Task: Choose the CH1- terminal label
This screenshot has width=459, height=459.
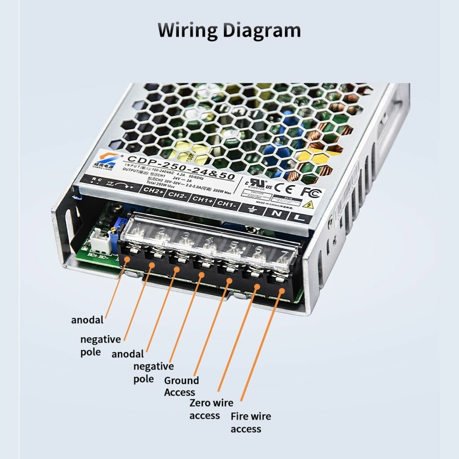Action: (x=226, y=204)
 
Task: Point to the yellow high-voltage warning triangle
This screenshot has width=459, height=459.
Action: (x=308, y=205)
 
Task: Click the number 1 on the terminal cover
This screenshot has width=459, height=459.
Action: (x=139, y=225)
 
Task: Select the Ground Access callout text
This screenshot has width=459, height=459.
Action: (x=181, y=386)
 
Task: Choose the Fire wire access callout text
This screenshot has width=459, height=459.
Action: (x=251, y=422)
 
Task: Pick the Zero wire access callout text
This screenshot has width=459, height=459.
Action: (x=211, y=409)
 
